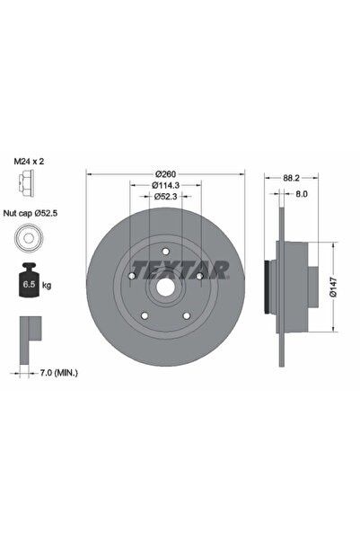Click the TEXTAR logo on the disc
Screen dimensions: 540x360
pos(180,268)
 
